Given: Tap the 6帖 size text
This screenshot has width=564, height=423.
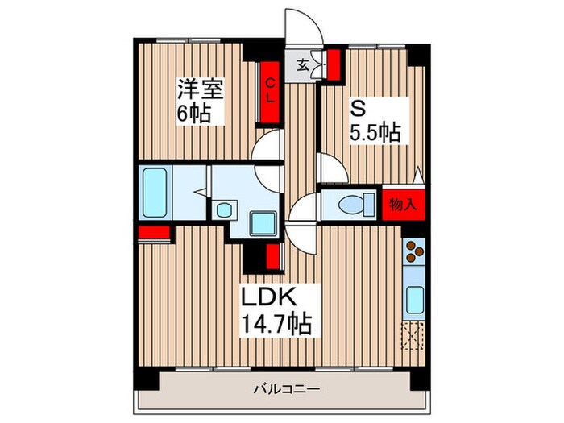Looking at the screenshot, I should point(194,114).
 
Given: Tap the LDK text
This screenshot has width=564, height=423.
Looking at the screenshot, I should point(272,298).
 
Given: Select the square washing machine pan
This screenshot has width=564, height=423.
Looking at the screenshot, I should point(261,222).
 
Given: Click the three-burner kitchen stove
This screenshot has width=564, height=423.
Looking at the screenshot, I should point(413,253).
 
